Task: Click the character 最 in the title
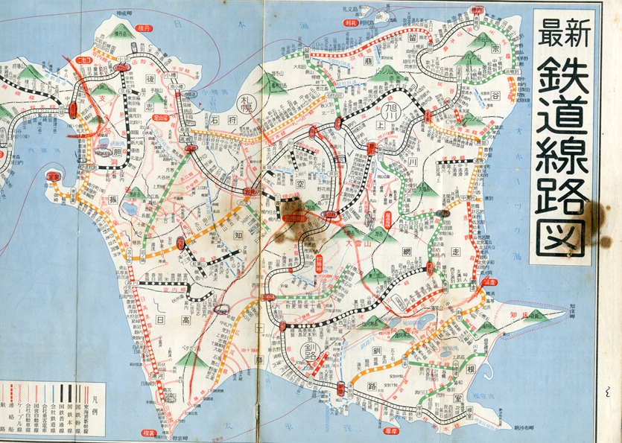pos(550,33)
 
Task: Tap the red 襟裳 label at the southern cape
pos(148,432)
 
